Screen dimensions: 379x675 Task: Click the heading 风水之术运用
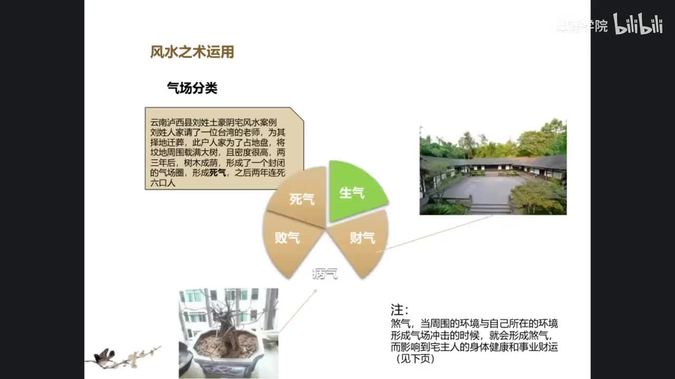coord(192,52)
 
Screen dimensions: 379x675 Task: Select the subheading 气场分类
coord(192,88)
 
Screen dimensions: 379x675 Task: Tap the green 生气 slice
coord(354,192)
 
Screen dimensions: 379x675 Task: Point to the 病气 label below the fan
coord(325,274)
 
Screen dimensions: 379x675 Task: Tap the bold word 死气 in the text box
coord(217,173)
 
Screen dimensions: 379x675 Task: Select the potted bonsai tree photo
coord(228,332)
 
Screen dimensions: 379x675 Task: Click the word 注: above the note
coord(399,310)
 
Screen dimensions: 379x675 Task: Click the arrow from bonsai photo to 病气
coord(298,311)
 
